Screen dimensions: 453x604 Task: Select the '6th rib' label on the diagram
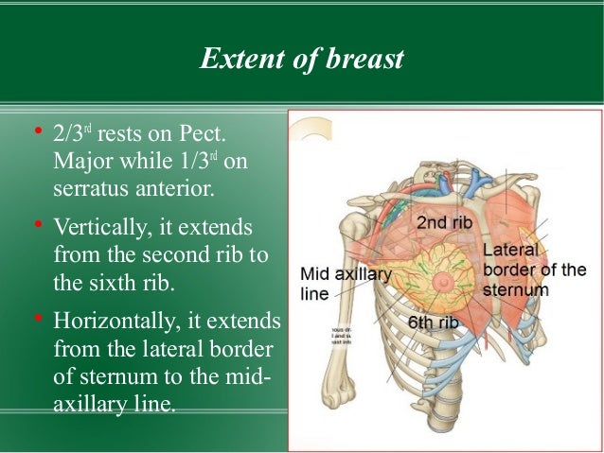pos(434,322)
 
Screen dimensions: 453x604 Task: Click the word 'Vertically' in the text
pos(103,229)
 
